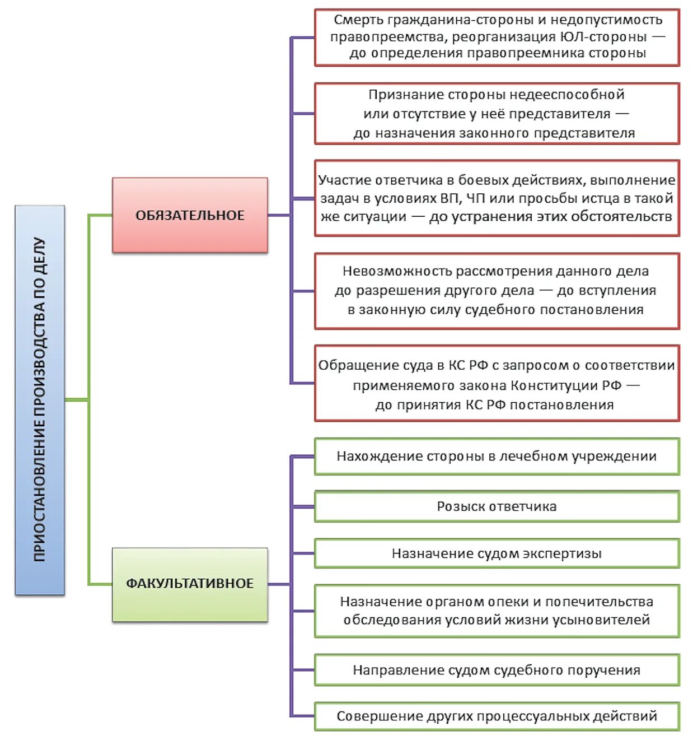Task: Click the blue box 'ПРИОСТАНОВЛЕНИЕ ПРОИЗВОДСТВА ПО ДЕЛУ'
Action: [x=40, y=400]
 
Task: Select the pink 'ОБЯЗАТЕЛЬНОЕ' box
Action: [x=190, y=215]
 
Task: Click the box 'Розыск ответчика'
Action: [x=497, y=506]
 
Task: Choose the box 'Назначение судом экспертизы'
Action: [x=497, y=553]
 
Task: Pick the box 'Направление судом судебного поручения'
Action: [x=497, y=669]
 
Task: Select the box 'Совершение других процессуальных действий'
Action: [x=497, y=716]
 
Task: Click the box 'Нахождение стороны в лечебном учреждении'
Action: [x=497, y=456]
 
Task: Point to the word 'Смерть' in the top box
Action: [x=358, y=20]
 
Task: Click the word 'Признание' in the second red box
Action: [x=402, y=95]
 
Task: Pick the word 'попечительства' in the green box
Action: [x=600, y=602]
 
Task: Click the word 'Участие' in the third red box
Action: [x=345, y=180]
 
